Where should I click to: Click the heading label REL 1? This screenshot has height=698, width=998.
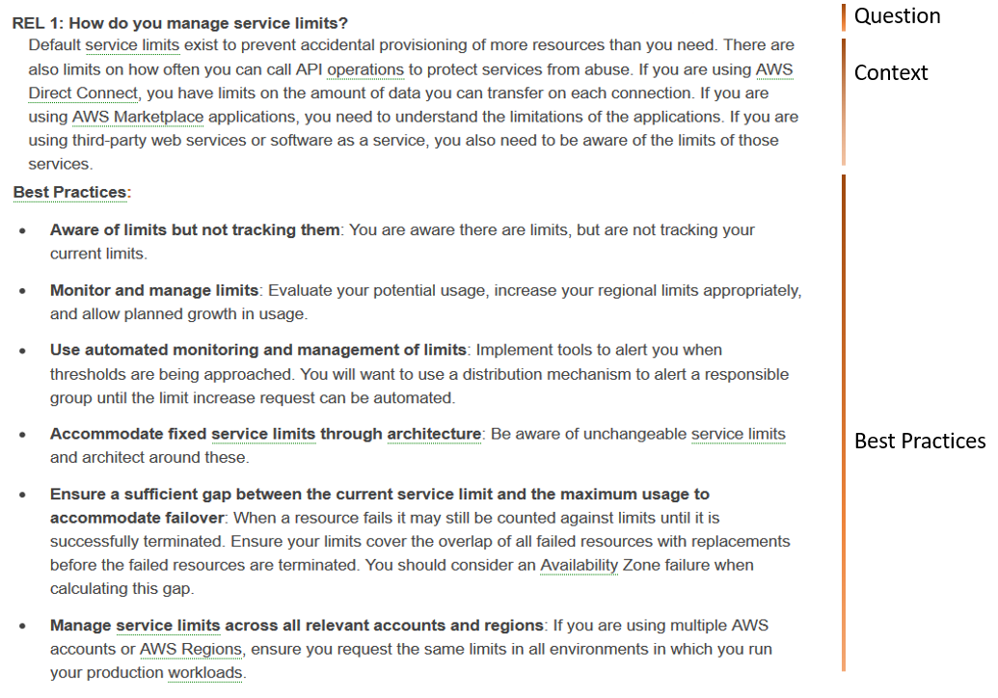coord(36,22)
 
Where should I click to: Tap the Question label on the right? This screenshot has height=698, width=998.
coord(897,16)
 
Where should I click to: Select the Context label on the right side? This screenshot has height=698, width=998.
coord(891,73)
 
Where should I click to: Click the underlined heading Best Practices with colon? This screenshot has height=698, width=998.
coord(71,192)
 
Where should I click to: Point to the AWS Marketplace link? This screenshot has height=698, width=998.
coord(138,117)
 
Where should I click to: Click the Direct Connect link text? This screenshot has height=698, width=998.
coord(84,94)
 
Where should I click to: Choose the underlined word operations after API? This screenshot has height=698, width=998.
coord(365,69)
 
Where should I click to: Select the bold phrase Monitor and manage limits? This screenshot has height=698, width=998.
coord(154,290)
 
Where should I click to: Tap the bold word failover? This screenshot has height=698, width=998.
coord(195,519)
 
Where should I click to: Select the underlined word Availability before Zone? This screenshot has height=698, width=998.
coord(579,565)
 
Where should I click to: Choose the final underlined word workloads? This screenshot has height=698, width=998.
coord(205,673)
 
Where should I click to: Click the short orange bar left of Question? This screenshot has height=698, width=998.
coord(843,16)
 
